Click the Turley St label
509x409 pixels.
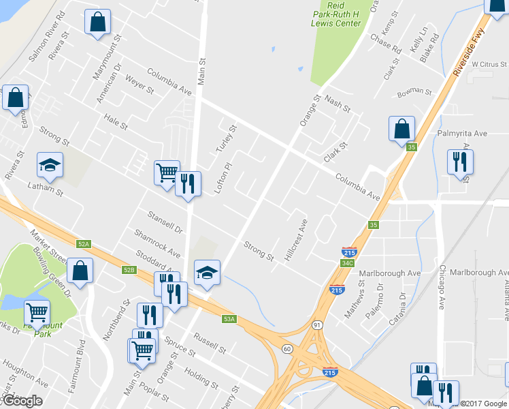click(x=225, y=140)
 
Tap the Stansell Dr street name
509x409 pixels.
click(x=165, y=221)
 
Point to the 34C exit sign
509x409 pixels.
click(x=348, y=262)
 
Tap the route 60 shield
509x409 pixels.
click(x=287, y=349)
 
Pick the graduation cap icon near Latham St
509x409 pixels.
click(x=50, y=164)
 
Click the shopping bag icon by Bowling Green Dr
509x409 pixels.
click(x=80, y=270)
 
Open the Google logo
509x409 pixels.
click(x=22, y=401)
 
